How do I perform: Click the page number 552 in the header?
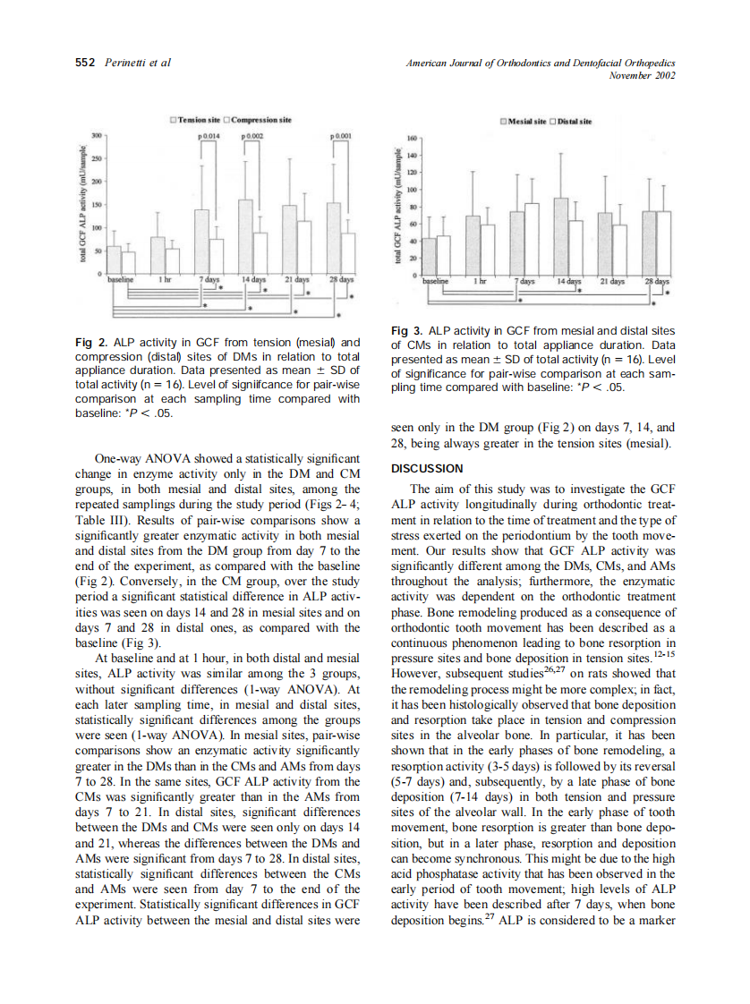[85, 63]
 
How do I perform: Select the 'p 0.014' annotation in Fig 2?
[209, 135]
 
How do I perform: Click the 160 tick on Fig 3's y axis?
[412, 140]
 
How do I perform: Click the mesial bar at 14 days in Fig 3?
[561, 236]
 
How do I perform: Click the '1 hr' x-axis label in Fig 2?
[166, 279]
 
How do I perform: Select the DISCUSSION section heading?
[427, 468]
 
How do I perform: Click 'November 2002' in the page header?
[641, 75]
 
